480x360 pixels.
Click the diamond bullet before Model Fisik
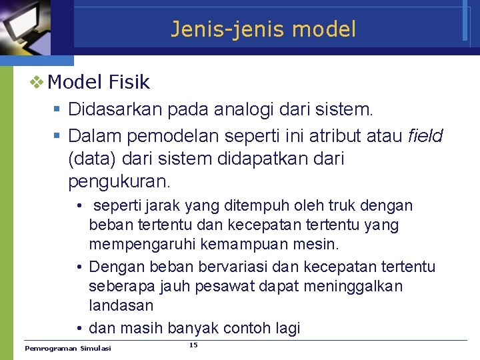pyautogui.click(x=36, y=83)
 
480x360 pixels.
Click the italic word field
pyautogui.click(x=425, y=137)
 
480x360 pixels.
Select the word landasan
pyautogui.click(x=121, y=305)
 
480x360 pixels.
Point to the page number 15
pyautogui.click(x=193, y=345)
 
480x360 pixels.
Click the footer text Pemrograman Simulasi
pyautogui.click(x=68, y=349)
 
